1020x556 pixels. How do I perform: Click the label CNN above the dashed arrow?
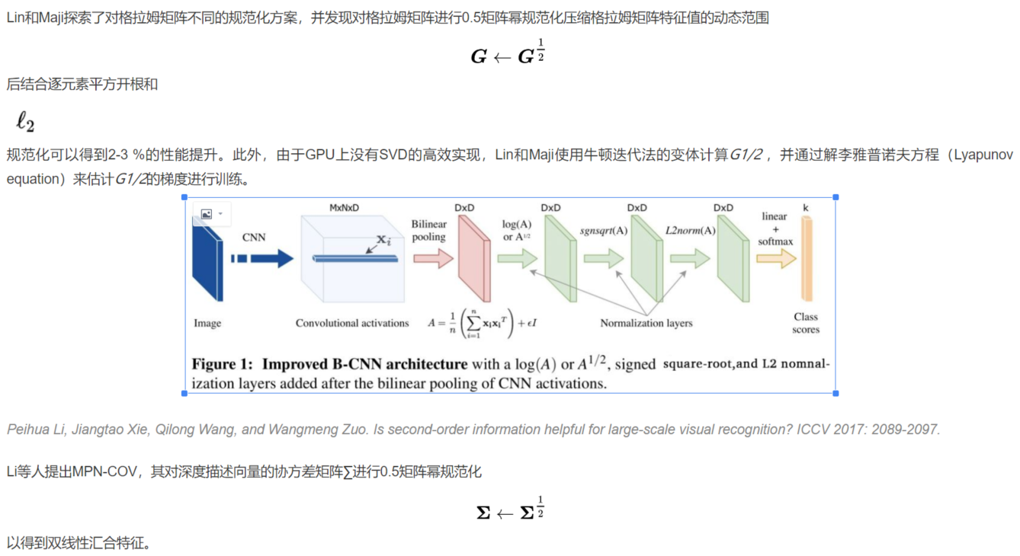coord(254,237)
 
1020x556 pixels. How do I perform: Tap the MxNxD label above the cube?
coord(344,207)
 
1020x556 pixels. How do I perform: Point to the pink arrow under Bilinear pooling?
coord(433,259)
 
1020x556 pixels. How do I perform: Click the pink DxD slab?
coord(474,259)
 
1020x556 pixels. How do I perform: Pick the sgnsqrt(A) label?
coord(604,230)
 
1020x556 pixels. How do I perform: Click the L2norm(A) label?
coord(691,230)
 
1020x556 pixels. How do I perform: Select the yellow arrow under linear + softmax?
coord(776,259)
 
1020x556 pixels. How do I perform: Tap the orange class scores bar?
coord(807,259)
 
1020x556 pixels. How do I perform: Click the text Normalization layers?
coord(646,323)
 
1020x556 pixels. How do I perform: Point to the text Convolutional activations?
coord(352,323)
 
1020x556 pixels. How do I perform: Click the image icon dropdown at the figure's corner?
coord(212,214)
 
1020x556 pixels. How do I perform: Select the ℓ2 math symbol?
coord(25,122)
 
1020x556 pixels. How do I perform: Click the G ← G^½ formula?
coord(508,55)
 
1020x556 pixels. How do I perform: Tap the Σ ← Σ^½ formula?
coord(510,511)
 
